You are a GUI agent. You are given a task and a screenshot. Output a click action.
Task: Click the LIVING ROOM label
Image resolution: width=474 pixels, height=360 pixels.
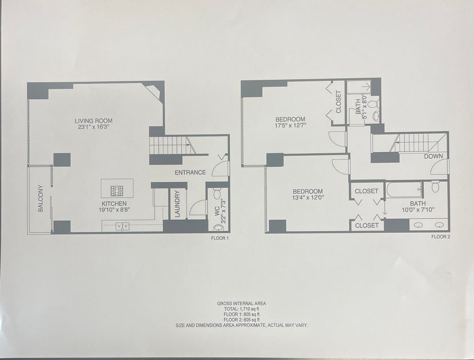(94, 121)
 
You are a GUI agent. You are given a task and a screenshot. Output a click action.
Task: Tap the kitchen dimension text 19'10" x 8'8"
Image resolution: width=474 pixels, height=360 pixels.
(114, 210)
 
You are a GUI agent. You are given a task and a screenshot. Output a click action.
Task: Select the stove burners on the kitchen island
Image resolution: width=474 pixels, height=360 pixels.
(117, 191)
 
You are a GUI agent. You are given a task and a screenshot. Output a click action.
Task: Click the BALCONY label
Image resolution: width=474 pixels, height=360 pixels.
(40, 198)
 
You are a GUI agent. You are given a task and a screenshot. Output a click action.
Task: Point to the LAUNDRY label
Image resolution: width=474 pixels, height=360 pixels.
(177, 204)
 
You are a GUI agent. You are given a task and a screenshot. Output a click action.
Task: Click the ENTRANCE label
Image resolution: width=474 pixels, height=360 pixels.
(190, 172)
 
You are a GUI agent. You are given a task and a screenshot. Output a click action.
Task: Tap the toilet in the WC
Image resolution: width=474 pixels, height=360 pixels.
(217, 194)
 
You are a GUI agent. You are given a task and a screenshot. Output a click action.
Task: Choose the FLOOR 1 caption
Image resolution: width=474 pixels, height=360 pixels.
(220, 238)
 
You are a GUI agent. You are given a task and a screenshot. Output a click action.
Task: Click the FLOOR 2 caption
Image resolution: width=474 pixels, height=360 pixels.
(441, 237)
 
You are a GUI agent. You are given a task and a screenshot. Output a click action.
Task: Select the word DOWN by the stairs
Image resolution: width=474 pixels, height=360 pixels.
(433, 156)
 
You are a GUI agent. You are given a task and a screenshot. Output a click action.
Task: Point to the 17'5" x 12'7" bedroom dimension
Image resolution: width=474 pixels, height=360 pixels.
(291, 126)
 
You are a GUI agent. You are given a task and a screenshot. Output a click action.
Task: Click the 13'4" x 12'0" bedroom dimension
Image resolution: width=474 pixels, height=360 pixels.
(308, 197)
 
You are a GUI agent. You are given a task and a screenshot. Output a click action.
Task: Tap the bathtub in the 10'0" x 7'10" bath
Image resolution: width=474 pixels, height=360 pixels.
(403, 190)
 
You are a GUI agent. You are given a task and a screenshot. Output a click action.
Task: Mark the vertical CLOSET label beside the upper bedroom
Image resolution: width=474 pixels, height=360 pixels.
(339, 102)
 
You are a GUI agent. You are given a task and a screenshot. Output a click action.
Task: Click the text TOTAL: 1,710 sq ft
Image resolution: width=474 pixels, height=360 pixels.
(242, 309)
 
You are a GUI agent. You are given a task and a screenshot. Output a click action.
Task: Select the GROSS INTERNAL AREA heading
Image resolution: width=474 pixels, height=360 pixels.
(241, 303)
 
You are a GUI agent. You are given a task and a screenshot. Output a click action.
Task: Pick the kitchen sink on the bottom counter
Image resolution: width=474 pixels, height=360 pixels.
(122, 226)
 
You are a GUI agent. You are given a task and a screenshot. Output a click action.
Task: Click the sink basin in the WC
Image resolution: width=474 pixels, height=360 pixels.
(218, 227)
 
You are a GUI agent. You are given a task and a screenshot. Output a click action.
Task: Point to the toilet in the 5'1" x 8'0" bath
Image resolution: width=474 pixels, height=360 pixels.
(374, 105)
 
